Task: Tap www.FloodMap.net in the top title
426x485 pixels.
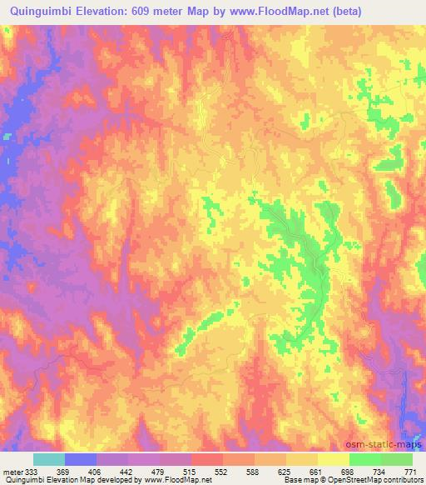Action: coord(281,11)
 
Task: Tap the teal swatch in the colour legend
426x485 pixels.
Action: coord(49,459)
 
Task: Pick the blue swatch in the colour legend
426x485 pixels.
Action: coord(81,459)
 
